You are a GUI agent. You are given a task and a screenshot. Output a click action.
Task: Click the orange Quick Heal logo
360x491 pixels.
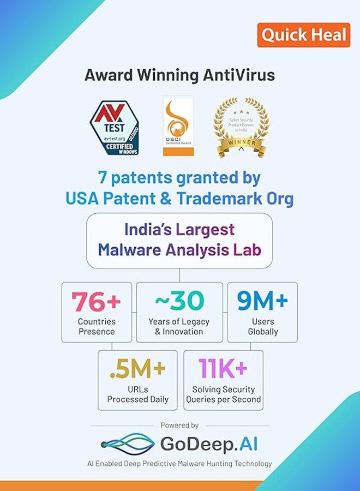click(303, 35)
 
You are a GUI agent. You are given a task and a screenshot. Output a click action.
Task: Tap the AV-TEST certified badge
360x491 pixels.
click(115, 127)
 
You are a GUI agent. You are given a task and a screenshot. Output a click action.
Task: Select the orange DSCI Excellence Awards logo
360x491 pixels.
click(178, 127)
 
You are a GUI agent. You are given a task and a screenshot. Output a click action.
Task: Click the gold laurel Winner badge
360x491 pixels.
click(241, 127)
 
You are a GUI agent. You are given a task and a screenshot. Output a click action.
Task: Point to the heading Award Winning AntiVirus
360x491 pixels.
click(179, 75)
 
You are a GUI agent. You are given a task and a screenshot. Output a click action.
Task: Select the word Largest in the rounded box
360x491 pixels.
click(207, 229)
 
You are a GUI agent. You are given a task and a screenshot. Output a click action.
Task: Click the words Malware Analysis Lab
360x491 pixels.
click(179, 249)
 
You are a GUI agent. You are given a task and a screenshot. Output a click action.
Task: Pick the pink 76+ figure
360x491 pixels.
click(97, 301)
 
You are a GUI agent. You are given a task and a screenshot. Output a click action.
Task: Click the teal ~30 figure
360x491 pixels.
click(179, 301)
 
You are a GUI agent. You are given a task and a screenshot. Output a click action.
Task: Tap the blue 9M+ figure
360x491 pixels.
click(262, 301)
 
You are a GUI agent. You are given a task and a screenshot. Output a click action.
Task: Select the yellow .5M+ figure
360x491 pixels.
click(137, 369)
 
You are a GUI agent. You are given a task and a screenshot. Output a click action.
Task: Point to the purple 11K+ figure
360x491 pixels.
click(223, 369)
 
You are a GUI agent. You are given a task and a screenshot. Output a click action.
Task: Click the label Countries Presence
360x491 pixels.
click(97, 326)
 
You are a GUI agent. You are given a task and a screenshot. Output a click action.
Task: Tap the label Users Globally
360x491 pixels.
click(263, 326)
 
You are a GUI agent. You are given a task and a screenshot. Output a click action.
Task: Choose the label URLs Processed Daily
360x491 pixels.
click(137, 394)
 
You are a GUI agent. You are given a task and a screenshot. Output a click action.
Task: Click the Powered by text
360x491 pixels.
click(179, 425)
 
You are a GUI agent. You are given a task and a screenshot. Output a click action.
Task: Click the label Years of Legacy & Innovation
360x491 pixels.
click(179, 326)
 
